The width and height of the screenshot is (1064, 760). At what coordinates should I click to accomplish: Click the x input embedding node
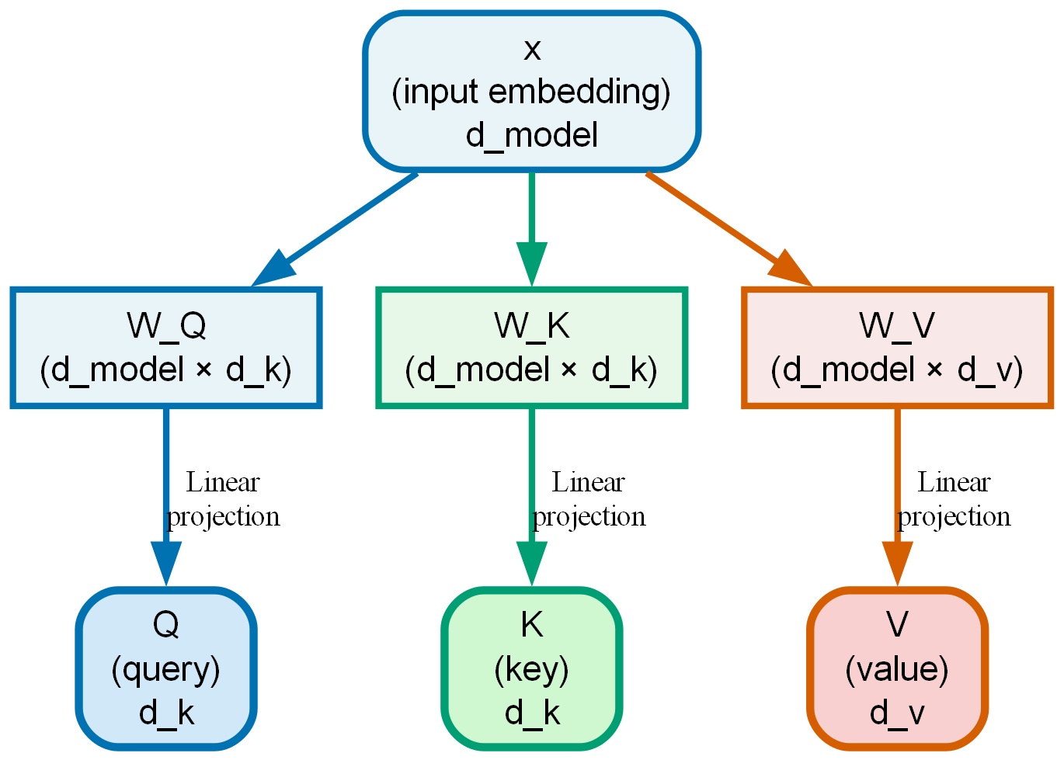tap(531, 91)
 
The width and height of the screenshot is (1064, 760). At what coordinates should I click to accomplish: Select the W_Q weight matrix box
tap(165, 347)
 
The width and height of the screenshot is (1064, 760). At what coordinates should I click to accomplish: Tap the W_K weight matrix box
tap(531, 347)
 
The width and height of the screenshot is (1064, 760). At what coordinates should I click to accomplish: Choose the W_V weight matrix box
tap(897, 347)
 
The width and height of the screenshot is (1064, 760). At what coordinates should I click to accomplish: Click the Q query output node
tap(165, 668)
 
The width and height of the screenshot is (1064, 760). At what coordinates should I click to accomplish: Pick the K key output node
tap(531, 668)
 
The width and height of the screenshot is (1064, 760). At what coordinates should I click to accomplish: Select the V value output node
tap(897, 668)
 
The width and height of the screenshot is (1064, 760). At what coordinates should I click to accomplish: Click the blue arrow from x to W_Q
tap(342, 225)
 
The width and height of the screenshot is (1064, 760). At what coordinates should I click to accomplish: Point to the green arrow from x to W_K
tap(531, 217)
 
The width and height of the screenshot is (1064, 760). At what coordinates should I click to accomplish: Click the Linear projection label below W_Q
tap(223, 499)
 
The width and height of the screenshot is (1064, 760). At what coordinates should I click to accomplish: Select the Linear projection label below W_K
tap(589, 499)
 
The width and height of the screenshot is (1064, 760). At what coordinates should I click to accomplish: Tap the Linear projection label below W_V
tap(954, 499)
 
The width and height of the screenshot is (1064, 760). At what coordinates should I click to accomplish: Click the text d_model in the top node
tap(531, 135)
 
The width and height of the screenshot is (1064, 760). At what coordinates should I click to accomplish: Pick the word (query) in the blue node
tap(165, 668)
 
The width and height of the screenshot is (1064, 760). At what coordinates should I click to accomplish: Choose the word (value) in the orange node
tap(897, 668)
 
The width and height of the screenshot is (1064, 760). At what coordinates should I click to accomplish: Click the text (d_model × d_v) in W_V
tap(897, 370)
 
